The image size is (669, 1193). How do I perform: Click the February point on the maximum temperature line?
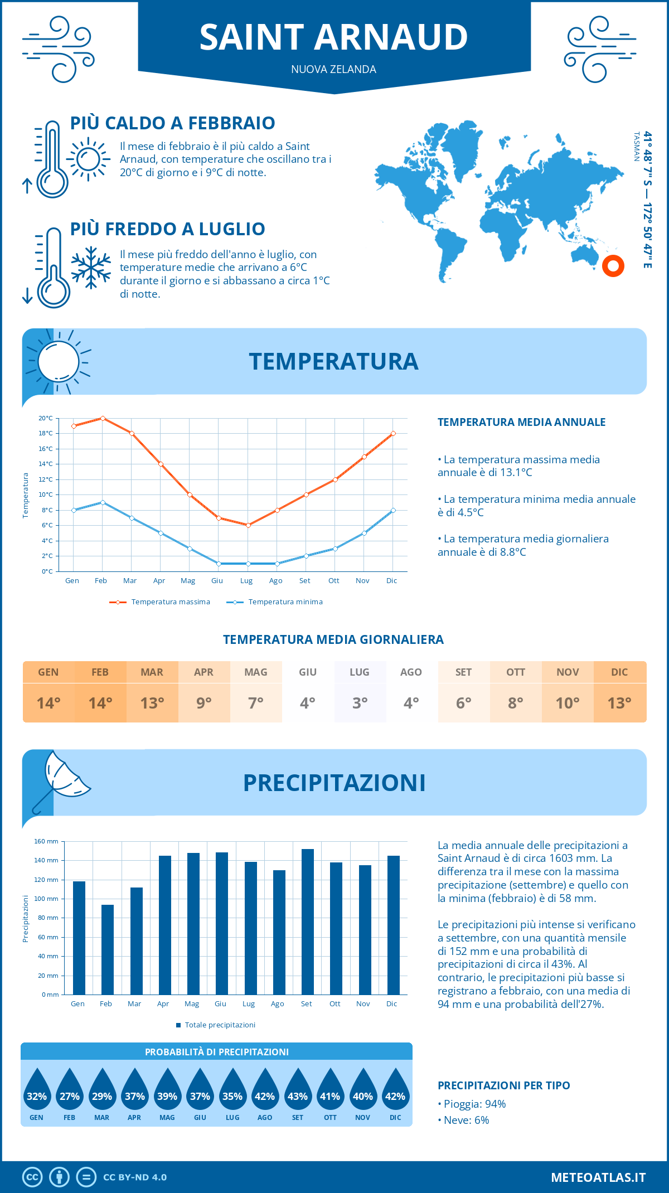click(103, 418)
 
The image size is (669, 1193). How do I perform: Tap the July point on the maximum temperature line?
click(248, 525)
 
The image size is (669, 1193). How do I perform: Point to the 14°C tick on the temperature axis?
click(46, 464)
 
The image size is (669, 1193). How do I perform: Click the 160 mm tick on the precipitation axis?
click(46, 841)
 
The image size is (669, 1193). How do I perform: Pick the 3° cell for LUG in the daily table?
click(360, 703)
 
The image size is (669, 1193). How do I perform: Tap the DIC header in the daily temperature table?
click(619, 672)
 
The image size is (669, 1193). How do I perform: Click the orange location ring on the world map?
click(613, 266)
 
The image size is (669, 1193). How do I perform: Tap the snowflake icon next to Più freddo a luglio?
click(91, 268)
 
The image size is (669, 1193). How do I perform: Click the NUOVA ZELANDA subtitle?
click(333, 70)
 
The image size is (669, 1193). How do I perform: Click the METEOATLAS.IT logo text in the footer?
click(598, 1177)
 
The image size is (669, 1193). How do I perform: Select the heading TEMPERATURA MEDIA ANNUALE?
click(521, 422)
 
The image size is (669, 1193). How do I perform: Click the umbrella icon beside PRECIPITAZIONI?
click(61, 779)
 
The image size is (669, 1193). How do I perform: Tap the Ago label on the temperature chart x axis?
click(275, 581)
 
